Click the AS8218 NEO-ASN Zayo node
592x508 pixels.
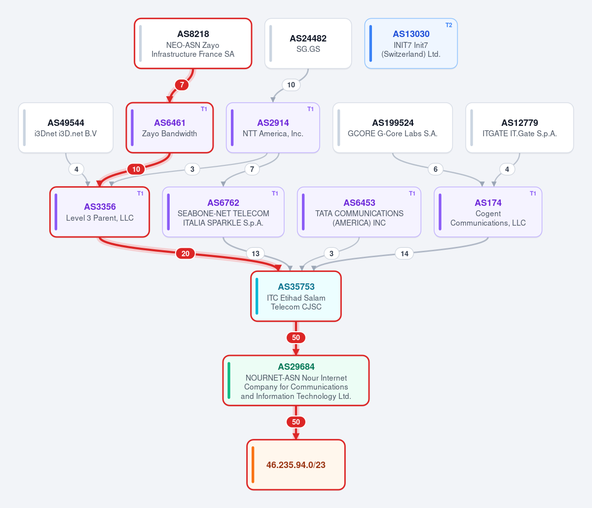(x=193, y=43)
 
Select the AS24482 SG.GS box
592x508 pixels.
(x=308, y=43)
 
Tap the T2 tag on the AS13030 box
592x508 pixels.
(x=449, y=25)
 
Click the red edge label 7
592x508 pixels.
(x=182, y=85)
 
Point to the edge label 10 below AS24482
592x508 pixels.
(x=291, y=85)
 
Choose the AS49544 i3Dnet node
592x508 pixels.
(x=66, y=128)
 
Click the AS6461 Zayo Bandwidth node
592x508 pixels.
(x=170, y=128)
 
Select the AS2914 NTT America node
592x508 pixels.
(x=273, y=128)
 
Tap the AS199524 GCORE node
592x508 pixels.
(x=393, y=128)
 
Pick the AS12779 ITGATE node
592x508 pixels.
(x=519, y=128)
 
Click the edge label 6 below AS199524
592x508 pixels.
(x=435, y=169)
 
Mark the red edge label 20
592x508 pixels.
(x=185, y=253)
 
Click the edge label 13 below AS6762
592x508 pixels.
(x=256, y=253)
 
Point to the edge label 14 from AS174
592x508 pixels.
(x=405, y=253)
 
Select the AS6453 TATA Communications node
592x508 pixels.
(x=359, y=212)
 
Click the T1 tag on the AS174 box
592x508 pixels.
(x=533, y=194)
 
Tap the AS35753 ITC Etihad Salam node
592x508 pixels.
(x=296, y=296)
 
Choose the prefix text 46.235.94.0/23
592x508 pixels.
(x=296, y=465)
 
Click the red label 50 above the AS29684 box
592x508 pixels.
(x=296, y=338)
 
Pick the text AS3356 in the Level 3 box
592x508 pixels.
(x=100, y=207)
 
